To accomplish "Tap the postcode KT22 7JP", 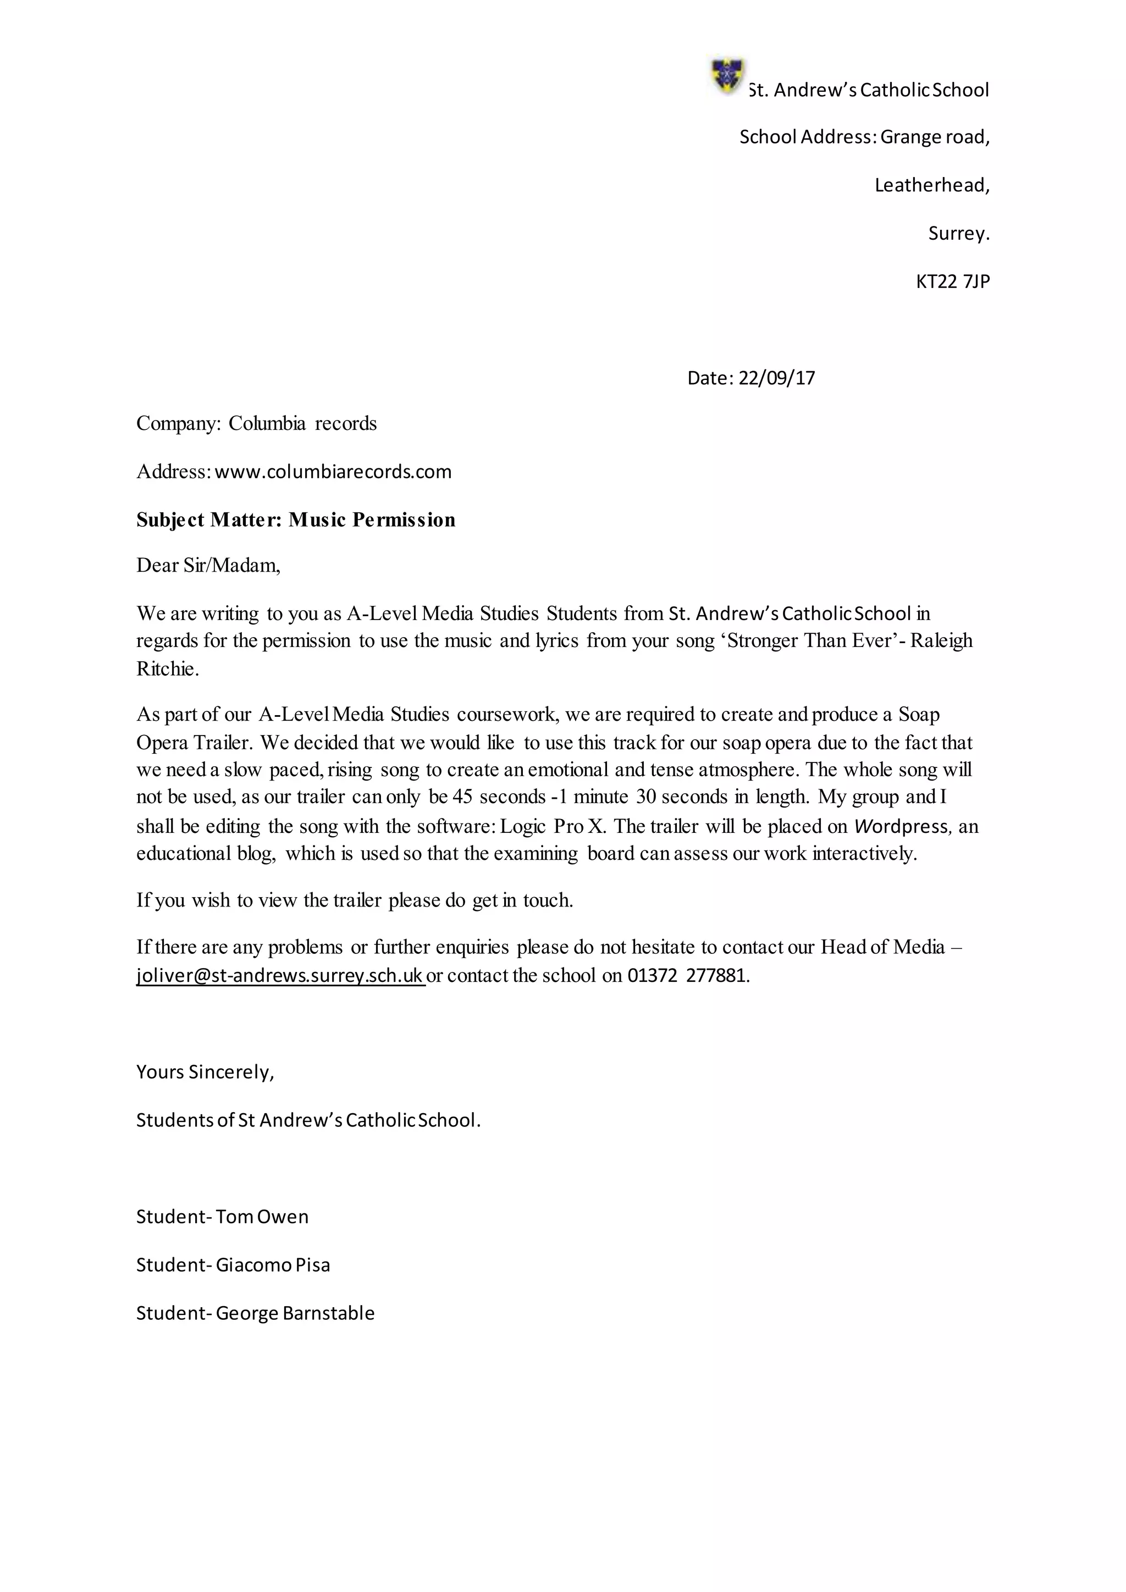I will (x=953, y=281).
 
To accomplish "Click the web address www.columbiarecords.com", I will (x=333, y=472).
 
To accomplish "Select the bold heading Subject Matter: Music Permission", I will (x=296, y=520).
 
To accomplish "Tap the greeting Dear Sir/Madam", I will (x=208, y=566).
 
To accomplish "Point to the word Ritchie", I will (x=167, y=669).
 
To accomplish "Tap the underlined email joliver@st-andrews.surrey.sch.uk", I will (x=280, y=976).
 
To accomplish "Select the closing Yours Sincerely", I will (x=205, y=1073).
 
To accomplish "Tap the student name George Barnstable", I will (x=295, y=1313).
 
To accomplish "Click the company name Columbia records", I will (x=302, y=424).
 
